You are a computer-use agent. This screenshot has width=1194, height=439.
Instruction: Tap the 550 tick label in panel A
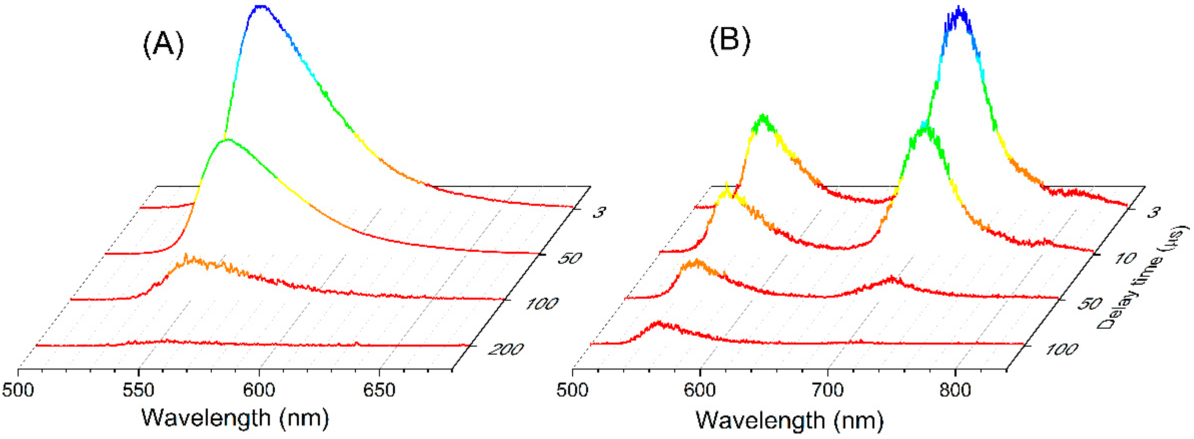139,390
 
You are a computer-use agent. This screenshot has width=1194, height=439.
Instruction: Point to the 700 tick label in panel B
828,390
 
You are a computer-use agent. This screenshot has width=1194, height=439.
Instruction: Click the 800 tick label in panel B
955,390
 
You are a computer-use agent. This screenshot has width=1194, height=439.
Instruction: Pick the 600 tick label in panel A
259,390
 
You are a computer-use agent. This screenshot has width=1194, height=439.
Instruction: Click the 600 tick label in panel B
700,390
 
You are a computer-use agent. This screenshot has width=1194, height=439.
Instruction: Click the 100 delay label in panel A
540,304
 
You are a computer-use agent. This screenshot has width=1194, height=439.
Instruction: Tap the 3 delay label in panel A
598,213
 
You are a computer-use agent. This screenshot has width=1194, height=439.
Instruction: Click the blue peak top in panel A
261,7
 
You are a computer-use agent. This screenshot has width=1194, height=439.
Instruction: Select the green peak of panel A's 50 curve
227,140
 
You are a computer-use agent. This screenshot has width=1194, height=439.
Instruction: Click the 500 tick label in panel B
573,390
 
